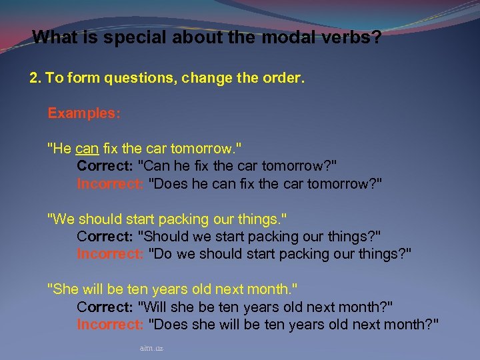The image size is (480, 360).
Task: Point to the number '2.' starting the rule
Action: click(x=35, y=79)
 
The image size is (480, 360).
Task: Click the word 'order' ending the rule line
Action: click(x=285, y=79)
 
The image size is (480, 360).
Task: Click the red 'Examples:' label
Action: click(x=84, y=113)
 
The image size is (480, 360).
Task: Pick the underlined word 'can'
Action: click(x=87, y=149)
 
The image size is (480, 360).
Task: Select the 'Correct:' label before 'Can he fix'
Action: click(x=105, y=166)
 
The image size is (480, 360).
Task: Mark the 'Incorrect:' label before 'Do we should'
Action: click(x=110, y=254)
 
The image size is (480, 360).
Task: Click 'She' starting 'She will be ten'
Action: click(x=65, y=289)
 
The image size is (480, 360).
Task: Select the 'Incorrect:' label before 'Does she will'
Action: click(x=110, y=325)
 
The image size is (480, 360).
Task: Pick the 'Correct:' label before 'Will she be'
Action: click(x=105, y=307)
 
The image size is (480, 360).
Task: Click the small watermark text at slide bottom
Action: click(x=152, y=348)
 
